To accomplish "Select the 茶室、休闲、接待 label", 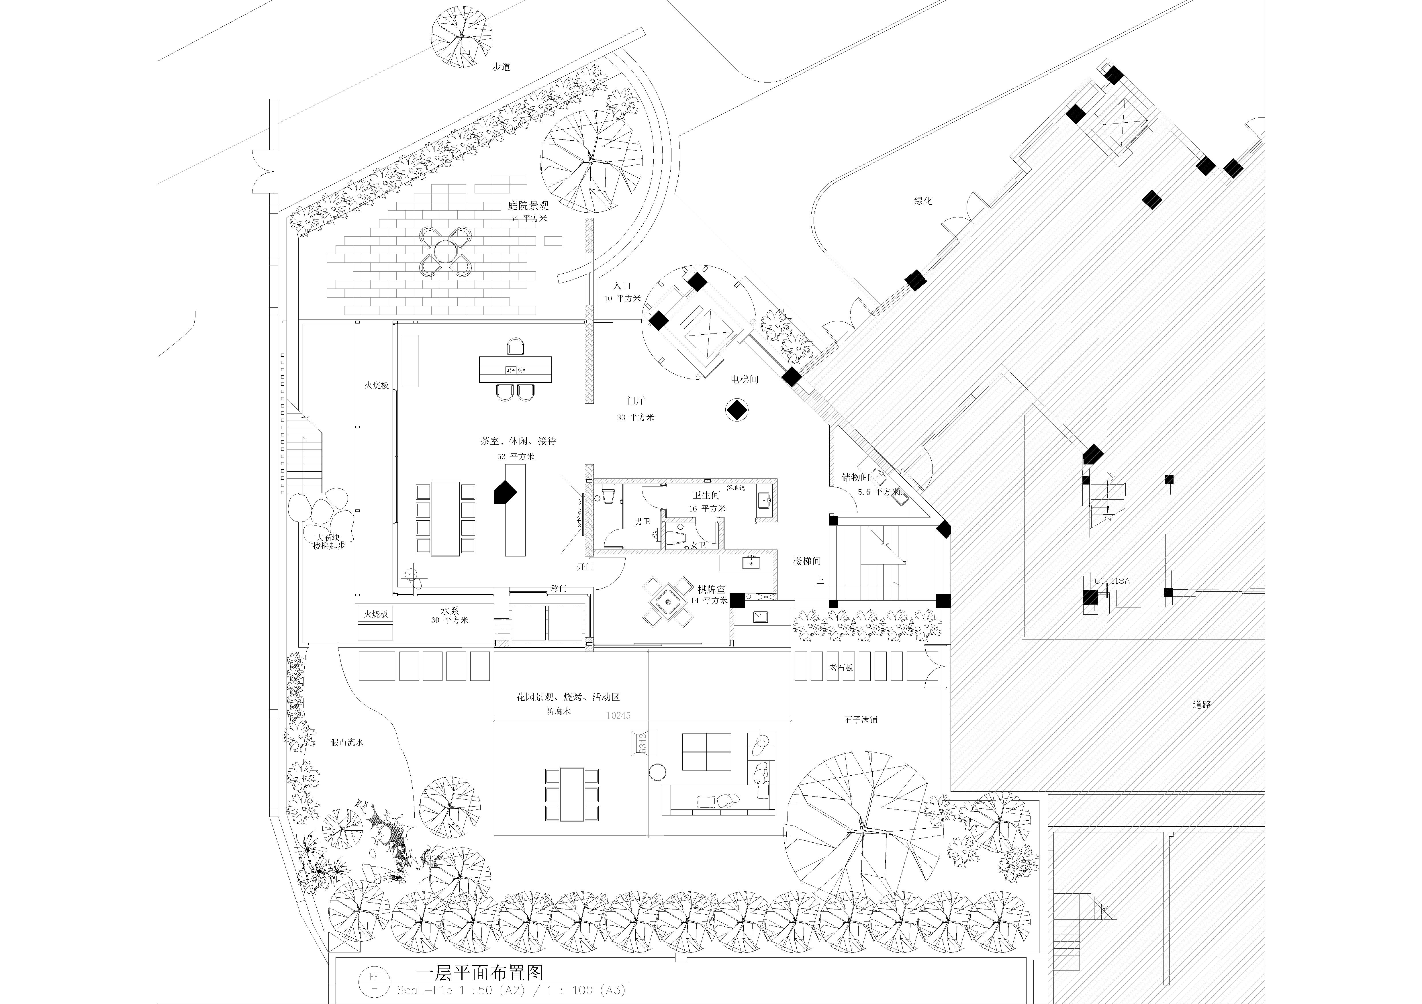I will click(x=518, y=441).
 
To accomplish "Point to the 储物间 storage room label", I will click(x=855, y=478).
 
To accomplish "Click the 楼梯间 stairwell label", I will click(x=807, y=561).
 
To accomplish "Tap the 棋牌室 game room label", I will click(x=711, y=590).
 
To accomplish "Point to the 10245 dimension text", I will click(x=618, y=715).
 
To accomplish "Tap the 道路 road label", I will click(x=1202, y=704).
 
